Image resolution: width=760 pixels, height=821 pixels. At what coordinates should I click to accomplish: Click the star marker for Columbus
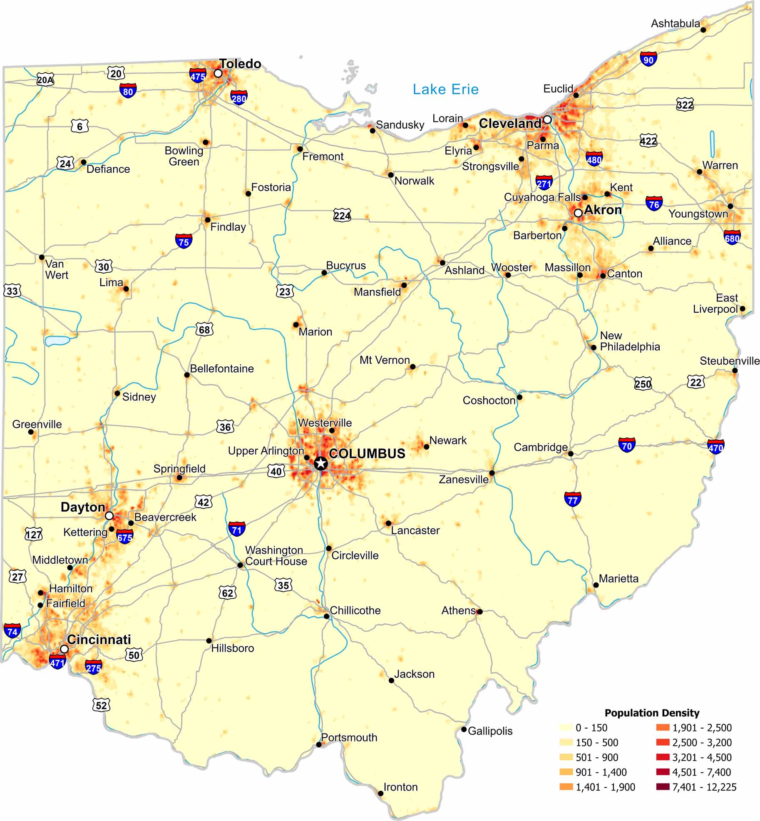pyautogui.click(x=320, y=463)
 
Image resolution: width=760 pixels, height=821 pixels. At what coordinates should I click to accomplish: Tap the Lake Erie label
pyautogui.click(x=445, y=89)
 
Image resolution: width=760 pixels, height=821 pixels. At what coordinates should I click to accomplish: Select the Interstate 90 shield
pyautogui.click(x=648, y=59)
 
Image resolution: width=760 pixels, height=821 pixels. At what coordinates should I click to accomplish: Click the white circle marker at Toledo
pyautogui.click(x=218, y=73)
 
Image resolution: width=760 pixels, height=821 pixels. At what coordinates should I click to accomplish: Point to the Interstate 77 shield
pyautogui.click(x=573, y=499)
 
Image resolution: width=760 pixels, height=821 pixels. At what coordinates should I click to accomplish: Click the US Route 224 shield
pyautogui.click(x=342, y=215)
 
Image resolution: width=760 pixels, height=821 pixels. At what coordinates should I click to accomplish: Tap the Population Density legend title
pyautogui.click(x=652, y=713)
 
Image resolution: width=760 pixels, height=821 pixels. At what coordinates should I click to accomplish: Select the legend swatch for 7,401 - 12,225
pyautogui.click(x=663, y=786)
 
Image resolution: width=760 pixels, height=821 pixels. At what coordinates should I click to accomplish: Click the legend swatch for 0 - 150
pyautogui.click(x=566, y=727)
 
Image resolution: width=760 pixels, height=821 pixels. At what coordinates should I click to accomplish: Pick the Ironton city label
pyautogui.click(x=400, y=787)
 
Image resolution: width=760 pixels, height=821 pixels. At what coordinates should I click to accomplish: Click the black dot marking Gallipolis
pyautogui.click(x=464, y=729)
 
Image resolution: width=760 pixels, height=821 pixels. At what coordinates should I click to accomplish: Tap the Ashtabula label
pyautogui.click(x=676, y=23)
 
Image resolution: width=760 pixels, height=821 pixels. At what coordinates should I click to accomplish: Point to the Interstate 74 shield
pyautogui.click(x=12, y=631)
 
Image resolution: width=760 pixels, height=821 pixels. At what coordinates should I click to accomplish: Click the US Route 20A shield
pyautogui.click(x=45, y=80)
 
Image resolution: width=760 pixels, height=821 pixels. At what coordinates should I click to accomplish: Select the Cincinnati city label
pyautogui.click(x=99, y=639)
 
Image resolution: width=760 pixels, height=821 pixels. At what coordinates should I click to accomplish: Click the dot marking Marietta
pyautogui.click(x=596, y=585)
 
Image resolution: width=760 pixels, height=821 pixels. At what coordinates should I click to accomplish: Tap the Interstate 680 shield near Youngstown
pyautogui.click(x=732, y=238)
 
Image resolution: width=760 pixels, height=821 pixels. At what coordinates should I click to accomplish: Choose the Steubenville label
pyautogui.click(x=730, y=361)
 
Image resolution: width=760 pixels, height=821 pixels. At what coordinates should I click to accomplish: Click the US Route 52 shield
pyautogui.click(x=101, y=705)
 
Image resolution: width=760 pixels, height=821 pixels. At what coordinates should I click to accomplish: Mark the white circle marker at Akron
pyautogui.click(x=578, y=213)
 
